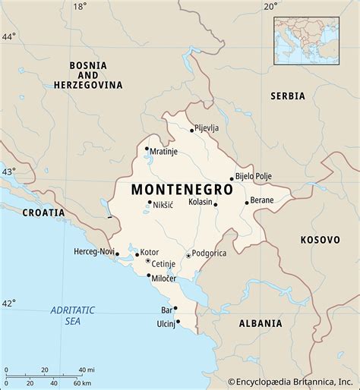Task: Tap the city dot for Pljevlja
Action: pyautogui.click(x=191, y=130)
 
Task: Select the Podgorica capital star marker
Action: pyautogui.click(x=188, y=255)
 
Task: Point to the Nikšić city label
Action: pyautogui.click(x=163, y=205)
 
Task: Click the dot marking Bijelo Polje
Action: pyautogui.click(x=232, y=179)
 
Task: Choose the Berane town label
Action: pyautogui.click(x=262, y=201)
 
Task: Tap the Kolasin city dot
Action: pyautogui.click(x=215, y=204)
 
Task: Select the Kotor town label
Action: pyautogui.click(x=150, y=251)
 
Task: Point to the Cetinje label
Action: pyautogui.click(x=163, y=264)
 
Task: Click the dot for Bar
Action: pyautogui.click(x=175, y=308)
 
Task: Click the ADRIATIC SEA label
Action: pyautogui.click(x=72, y=315)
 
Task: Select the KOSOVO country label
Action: pyautogui.click(x=320, y=240)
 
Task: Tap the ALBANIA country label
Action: pyautogui.click(x=261, y=323)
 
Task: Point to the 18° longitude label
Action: pyautogui.click(x=80, y=7)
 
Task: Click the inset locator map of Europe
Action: pyautogui.click(x=307, y=40)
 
